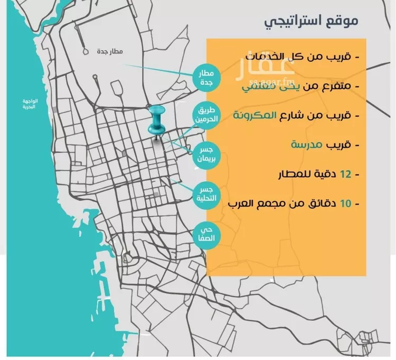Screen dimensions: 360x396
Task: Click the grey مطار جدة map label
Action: pos(110,52)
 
